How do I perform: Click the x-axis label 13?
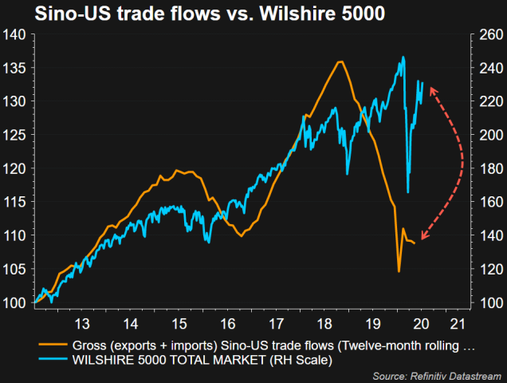click(x=81, y=325)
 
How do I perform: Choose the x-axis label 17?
click(x=277, y=325)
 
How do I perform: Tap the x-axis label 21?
click(x=458, y=325)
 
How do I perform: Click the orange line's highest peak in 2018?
click(x=340, y=61)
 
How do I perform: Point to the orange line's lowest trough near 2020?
click(x=399, y=271)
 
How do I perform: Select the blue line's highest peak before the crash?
click(x=403, y=57)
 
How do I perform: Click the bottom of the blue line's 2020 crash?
click(x=408, y=191)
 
